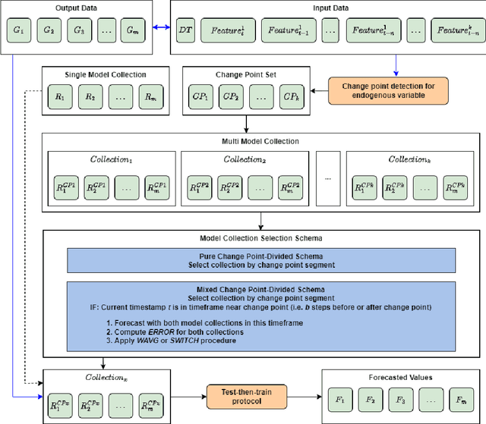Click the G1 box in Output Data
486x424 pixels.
tap(18, 30)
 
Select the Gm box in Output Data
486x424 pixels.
tap(134, 30)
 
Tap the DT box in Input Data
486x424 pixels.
tap(185, 30)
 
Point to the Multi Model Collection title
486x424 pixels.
tap(261, 142)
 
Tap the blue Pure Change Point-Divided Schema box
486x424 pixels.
tap(260, 261)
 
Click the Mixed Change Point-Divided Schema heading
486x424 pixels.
tap(260, 290)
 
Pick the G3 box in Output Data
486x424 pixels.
tap(77, 30)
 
